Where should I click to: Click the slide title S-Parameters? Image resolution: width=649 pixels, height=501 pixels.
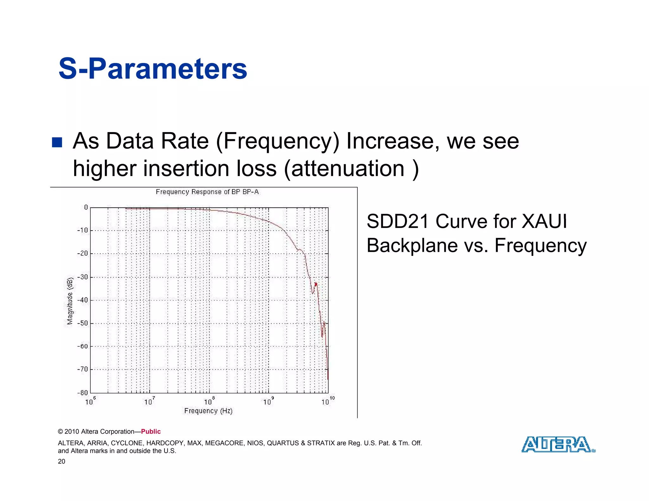tap(153, 69)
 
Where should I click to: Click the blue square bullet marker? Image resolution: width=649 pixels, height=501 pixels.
tap(57, 142)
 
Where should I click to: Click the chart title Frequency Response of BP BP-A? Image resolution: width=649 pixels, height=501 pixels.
tap(207, 192)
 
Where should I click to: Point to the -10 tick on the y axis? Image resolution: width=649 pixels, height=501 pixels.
tap(83, 230)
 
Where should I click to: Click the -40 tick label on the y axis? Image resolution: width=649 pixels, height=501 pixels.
tap(83, 300)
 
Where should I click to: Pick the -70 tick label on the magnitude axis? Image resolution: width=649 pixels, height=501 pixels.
tap(83, 369)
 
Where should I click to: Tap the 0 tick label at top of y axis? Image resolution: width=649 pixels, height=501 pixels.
tap(86, 207)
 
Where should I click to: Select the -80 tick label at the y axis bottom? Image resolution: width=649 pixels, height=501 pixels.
tap(83, 393)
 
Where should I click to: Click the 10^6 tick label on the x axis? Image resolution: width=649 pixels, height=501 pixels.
tap(90, 401)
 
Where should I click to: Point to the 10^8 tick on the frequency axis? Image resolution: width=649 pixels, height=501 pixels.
tap(209, 401)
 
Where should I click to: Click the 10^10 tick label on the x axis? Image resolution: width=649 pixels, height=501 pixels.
tap(327, 401)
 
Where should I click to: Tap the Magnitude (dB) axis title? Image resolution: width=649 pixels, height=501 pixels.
tap(70, 301)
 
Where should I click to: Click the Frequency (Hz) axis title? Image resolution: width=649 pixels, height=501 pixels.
tap(208, 411)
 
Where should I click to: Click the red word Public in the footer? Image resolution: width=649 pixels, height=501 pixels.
tap(151, 432)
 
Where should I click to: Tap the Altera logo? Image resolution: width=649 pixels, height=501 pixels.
tap(558, 444)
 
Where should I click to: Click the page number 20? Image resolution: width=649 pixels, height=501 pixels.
tap(61, 461)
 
